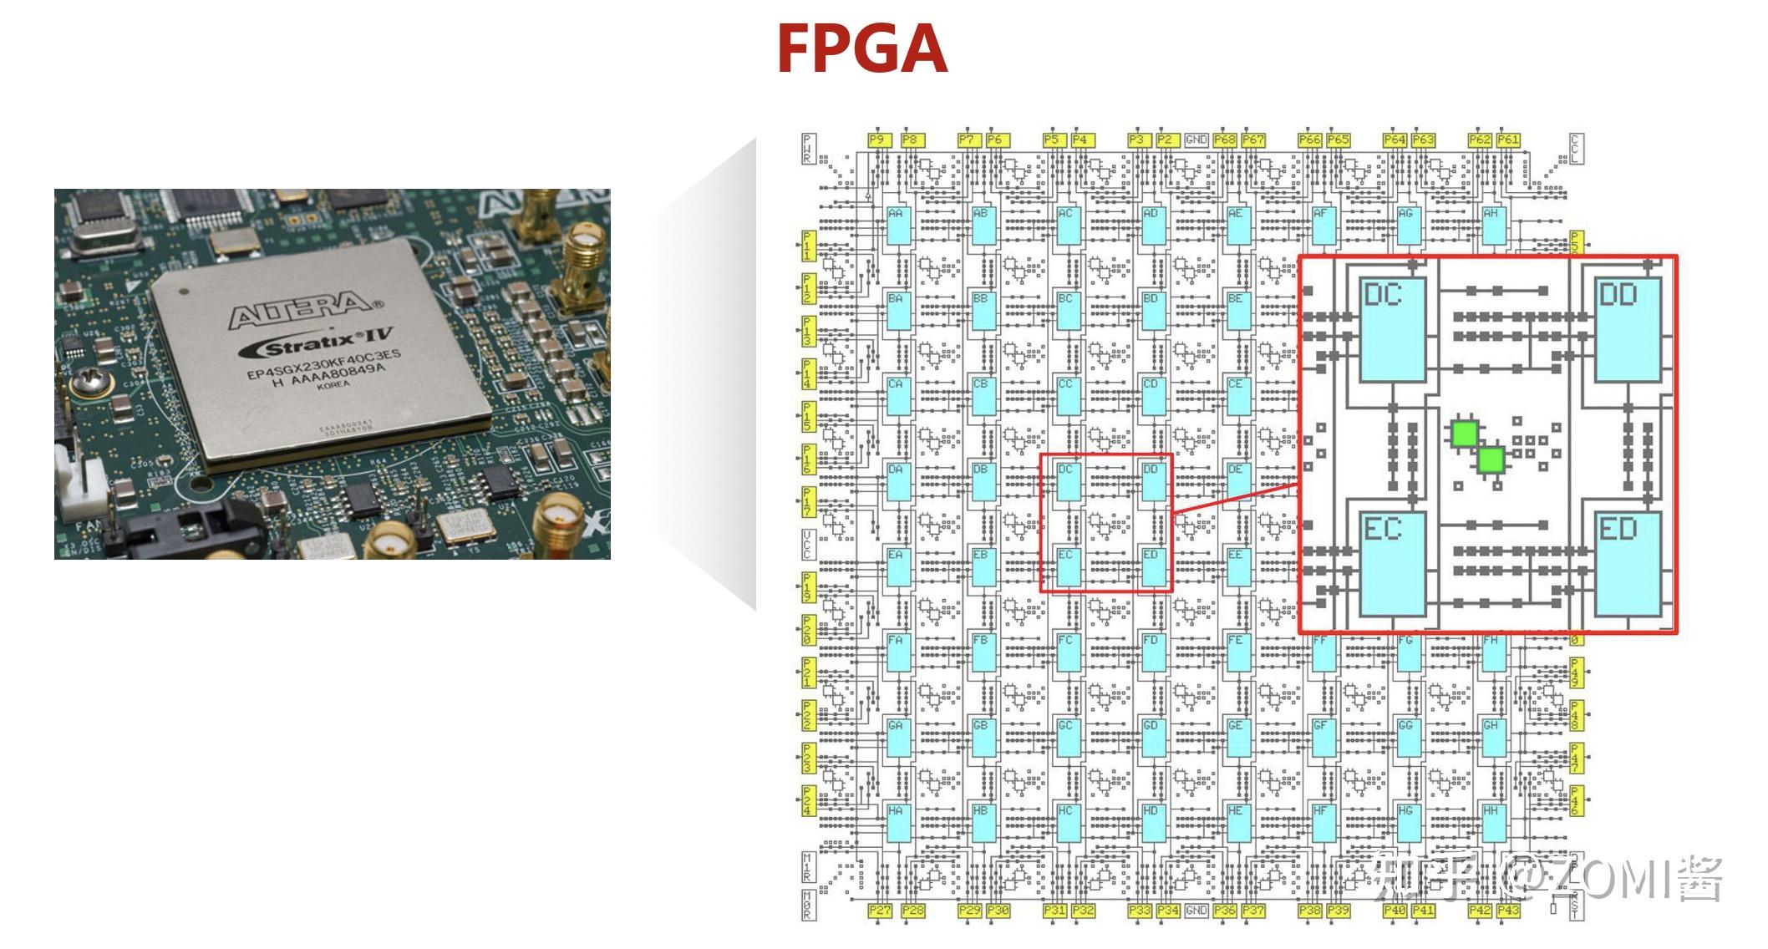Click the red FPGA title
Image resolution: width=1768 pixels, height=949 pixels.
point(861,49)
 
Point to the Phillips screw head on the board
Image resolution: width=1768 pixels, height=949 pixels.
point(86,385)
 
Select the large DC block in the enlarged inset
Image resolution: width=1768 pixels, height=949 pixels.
point(1392,330)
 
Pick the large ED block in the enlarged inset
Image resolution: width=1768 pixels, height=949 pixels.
point(1628,565)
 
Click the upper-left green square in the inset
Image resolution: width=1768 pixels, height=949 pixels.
point(1464,434)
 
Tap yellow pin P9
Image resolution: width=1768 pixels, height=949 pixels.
point(877,140)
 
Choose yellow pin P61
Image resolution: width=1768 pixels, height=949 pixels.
point(1508,140)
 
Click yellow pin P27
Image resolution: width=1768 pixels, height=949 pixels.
point(880,910)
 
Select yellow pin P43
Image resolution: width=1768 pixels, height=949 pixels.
point(1508,910)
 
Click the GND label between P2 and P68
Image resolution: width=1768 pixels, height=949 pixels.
point(1196,140)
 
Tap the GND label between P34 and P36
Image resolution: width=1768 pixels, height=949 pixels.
point(1196,910)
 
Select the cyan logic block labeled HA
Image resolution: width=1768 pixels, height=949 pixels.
point(898,823)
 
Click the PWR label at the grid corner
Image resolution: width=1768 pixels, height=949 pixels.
point(808,149)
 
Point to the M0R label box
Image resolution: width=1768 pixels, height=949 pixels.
point(808,905)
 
